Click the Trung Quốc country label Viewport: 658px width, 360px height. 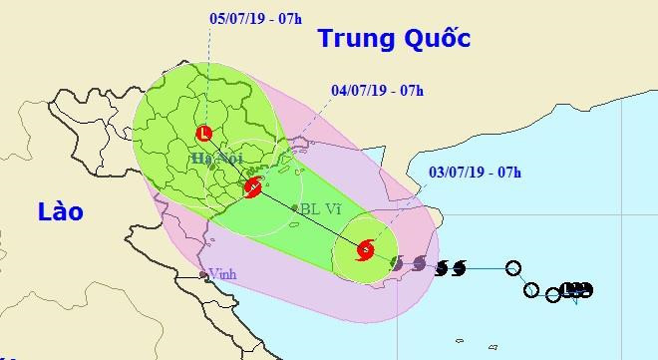(393, 40)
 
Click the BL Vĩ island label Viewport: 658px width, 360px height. (325, 210)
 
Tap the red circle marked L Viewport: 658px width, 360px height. (204, 133)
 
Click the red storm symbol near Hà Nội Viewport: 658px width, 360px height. (253, 185)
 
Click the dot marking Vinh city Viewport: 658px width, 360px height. (203, 272)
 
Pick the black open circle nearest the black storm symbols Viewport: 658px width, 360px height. (512, 267)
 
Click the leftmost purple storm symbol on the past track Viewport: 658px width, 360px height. (397, 263)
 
